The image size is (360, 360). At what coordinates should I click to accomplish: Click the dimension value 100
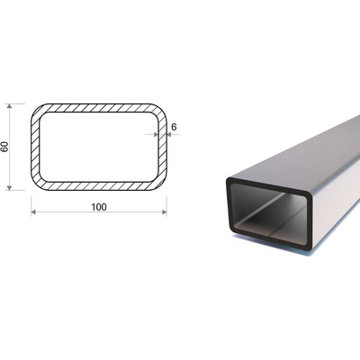[99, 207]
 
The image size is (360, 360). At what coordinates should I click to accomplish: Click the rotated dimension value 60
[5, 147]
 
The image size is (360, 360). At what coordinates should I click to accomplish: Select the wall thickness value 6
[174, 127]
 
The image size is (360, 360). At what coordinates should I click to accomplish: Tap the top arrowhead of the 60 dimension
[10, 106]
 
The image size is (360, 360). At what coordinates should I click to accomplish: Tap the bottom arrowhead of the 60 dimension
[10, 187]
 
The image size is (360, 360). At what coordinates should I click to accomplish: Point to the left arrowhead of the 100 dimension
[33, 212]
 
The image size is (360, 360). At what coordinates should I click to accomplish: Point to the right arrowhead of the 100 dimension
[164, 212]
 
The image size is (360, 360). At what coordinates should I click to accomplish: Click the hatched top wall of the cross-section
[99, 108]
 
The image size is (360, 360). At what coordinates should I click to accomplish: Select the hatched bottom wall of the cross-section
[99, 186]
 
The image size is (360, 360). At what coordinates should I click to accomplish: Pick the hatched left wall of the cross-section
[35, 147]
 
